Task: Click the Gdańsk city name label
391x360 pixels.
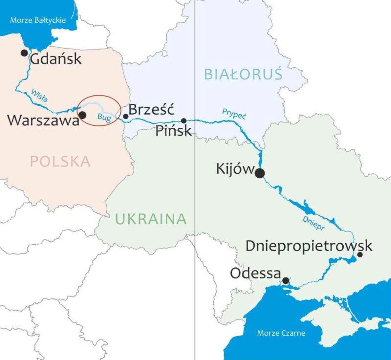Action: pyautogui.click(x=56, y=59)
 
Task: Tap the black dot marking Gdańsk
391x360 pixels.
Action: pyautogui.click(x=24, y=53)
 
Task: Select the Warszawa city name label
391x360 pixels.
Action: pyautogui.click(x=43, y=120)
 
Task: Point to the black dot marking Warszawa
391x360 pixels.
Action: pyautogui.click(x=83, y=115)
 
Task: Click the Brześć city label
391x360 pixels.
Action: pyautogui.click(x=151, y=110)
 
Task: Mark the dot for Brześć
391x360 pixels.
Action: pyautogui.click(x=126, y=116)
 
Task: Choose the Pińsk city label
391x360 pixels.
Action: pyautogui.click(x=173, y=131)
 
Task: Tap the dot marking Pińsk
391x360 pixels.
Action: pyautogui.click(x=184, y=120)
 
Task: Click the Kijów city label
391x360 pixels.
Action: pyautogui.click(x=235, y=169)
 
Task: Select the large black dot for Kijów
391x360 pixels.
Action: pyautogui.click(x=260, y=173)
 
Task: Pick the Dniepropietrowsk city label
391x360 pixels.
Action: pyautogui.click(x=309, y=246)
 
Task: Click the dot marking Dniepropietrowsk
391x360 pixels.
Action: pyautogui.click(x=360, y=254)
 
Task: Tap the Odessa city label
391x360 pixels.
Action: pyautogui.click(x=256, y=274)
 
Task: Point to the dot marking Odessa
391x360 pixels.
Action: pyautogui.click(x=285, y=281)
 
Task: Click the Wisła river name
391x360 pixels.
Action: pyautogui.click(x=39, y=96)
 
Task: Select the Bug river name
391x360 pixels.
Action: pyautogui.click(x=104, y=116)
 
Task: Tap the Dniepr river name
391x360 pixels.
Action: pyautogui.click(x=313, y=223)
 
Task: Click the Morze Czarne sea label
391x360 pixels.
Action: pyautogui.click(x=281, y=333)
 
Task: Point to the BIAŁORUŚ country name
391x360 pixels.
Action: pyautogui.click(x=243, y=74)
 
